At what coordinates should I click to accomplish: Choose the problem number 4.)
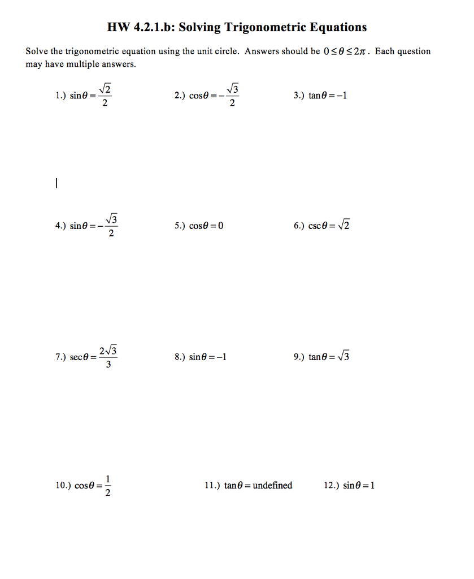click(61, 226)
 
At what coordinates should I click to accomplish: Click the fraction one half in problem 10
click(108, 486)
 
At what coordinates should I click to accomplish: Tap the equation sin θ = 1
click(359, 485)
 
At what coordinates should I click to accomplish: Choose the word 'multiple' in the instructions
click(84, 64)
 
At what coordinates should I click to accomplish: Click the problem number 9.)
click(299, 357)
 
